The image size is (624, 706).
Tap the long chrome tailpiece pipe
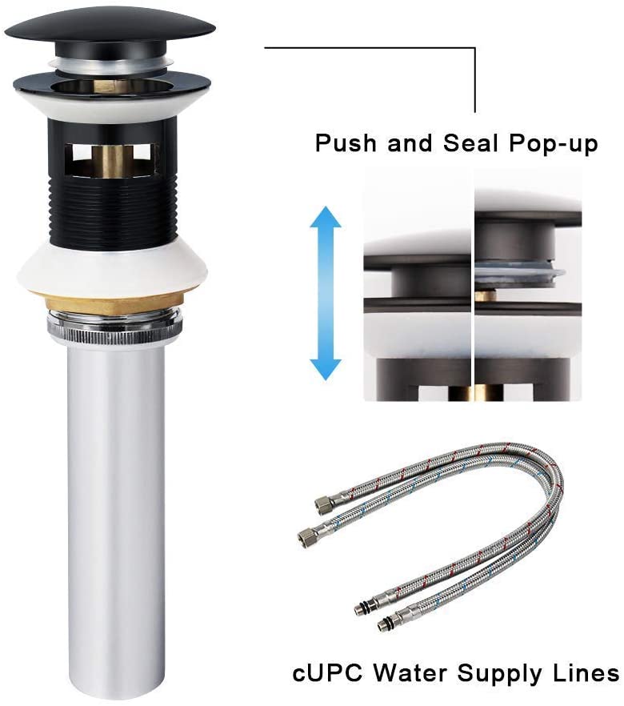(116, 518)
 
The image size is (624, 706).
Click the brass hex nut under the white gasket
(110, 303)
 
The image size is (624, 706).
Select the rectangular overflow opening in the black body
(111, 158)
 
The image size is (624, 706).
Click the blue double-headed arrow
(326, 293)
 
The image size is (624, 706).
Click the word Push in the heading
(346, 143)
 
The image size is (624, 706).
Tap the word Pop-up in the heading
(554, 144)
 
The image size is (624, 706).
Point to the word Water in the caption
(411, 674)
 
